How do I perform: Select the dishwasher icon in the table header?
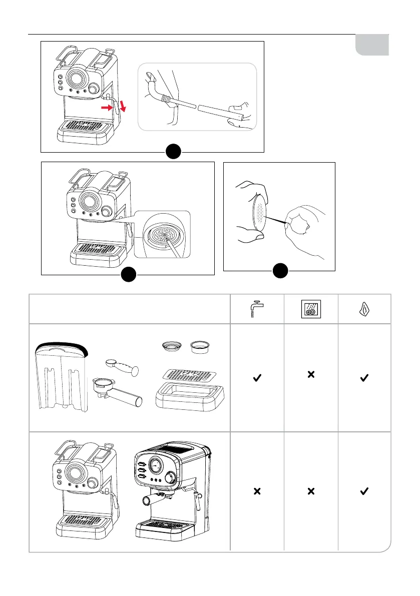(311, 309)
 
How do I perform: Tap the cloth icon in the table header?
(364, 309)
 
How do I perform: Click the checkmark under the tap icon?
(257, 380)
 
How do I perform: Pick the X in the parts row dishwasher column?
(311, 374)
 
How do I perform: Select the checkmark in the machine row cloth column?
(364, 492)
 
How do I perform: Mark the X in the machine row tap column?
(257, 492)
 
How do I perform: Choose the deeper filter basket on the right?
(203, 346)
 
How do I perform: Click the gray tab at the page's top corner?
(372, 45)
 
